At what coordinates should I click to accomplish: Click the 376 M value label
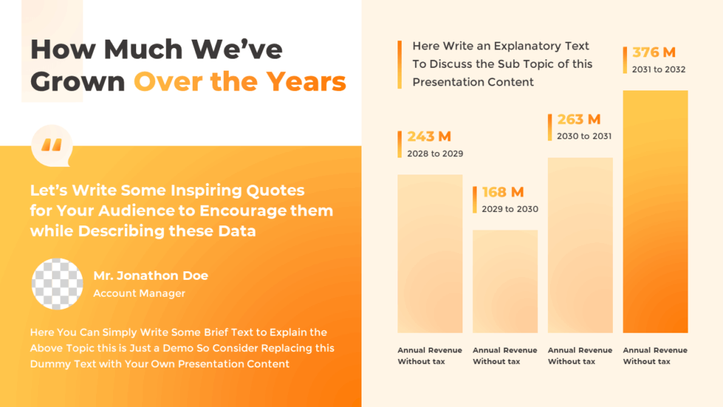coord(654,52)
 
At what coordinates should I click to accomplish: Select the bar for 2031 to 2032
coord(655,212)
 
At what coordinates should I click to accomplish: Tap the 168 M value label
coord(503,192)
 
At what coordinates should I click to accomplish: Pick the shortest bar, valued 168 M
coord(505,281)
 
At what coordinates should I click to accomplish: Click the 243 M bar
coord(429,253)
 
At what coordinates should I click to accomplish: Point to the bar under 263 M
coord(580,244)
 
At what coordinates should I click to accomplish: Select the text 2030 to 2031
coord(584,136)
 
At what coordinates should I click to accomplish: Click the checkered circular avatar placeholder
coord(57,284)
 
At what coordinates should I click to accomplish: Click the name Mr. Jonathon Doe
coord(150,276)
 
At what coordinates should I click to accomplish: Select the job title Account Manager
coord(139,293)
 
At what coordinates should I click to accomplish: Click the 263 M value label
coord(578,119)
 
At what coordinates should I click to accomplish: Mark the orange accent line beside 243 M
coord(400,144)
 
